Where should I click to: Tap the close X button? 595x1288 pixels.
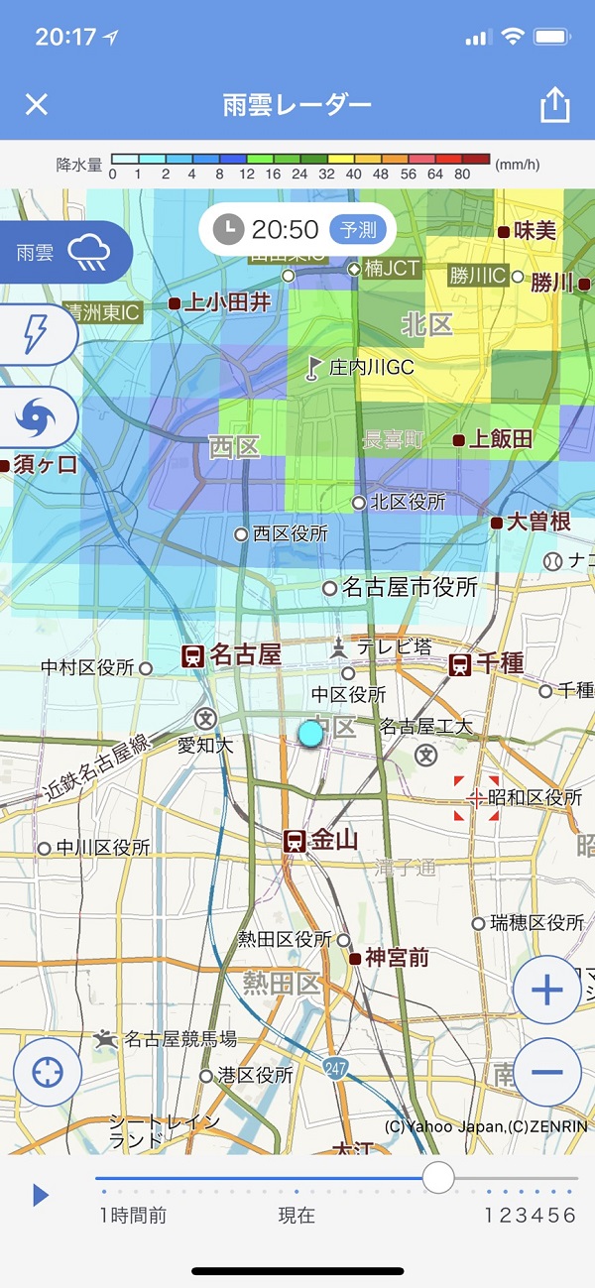pos(36,104)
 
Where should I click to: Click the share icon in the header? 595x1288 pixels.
pos(555,105)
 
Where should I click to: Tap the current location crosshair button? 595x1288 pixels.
pos(48,1073)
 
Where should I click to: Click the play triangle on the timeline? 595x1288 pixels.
pos(41,1195)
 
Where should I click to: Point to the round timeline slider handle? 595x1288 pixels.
pos(437,1178)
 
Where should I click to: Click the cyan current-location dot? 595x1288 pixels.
pos(310,733)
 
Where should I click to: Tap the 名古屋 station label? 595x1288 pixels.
pos(245,654)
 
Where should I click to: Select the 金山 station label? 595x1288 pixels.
pos(333,841)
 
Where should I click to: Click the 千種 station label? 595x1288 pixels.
pos(499,663)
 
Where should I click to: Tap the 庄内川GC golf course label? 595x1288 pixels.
pos(371,367)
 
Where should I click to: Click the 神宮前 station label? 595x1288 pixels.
pos(397,958)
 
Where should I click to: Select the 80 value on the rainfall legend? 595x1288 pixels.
pos(462,175)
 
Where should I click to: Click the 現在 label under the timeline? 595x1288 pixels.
pos(296,1216)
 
